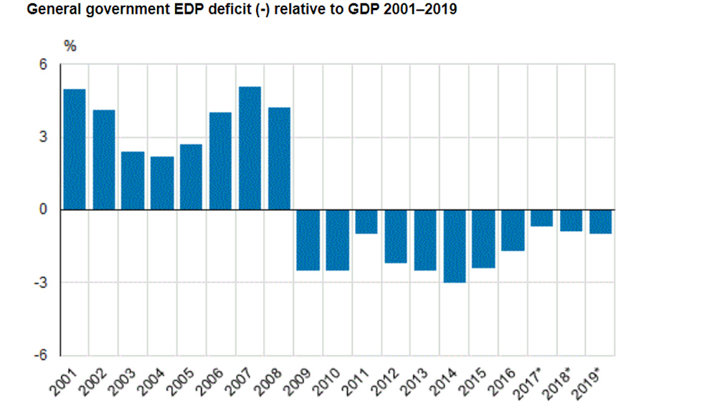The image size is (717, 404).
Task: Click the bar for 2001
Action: click(x=74, y=149)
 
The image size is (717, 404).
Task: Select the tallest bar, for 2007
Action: click(x=250, y=148)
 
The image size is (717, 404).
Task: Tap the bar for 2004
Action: click(x=162, y=183)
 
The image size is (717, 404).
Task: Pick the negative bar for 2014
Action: click(x=455, y=246)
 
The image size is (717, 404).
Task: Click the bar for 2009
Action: click(x=308, y=240)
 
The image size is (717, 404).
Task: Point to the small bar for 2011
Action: click(x=366, y=222)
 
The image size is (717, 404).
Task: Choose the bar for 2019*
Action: click(x=601, y=222)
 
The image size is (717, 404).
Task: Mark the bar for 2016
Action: click(x=513, y=230)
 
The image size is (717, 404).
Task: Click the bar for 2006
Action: click(x=220, y=161)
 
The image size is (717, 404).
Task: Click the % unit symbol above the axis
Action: click(x=70, y=44)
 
